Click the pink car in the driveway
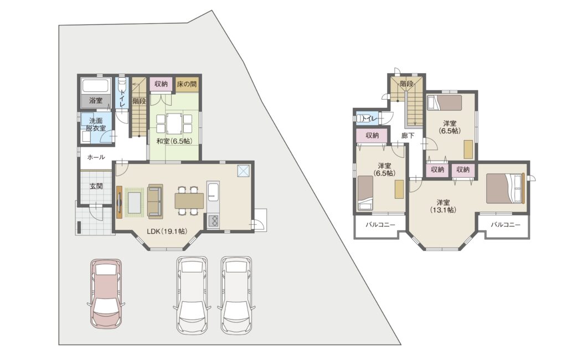click(106, 294)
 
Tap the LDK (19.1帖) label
click(167, 231)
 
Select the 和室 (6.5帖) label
click(174, 141)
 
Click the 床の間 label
click(187, 84)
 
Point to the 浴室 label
click(96, 101)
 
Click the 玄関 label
click(96, 186)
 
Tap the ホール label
click(96, 157)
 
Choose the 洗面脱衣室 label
click(96, 124)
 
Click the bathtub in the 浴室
click(96, 86)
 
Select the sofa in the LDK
click(155, 202)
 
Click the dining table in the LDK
click(189, 201)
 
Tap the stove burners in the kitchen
click(213, 220)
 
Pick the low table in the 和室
click(174, 124)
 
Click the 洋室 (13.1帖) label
click(443, 206)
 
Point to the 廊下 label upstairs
click(408, 136)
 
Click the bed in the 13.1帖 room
click(505, 188)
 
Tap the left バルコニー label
click(380, 225)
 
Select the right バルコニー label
click(506, 225)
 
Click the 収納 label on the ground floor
click(161, 84)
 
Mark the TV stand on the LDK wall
click(119, 202)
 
